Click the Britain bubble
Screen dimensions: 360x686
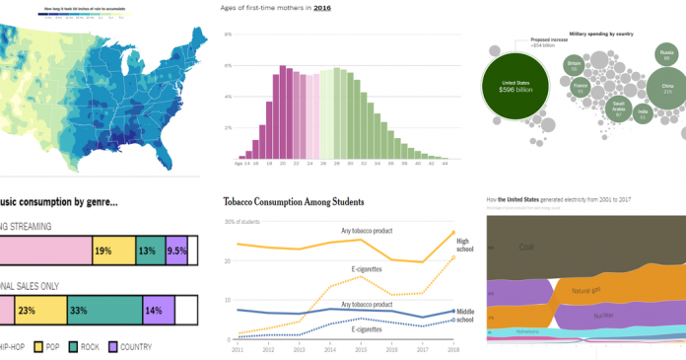(x=574, y=67)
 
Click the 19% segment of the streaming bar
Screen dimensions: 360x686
(x=113, y=251)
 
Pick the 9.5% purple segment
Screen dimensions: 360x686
(x=176, y=251)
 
